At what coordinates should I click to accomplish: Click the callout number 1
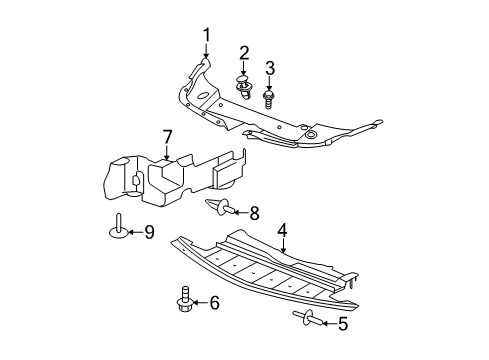click(x=207, y=37)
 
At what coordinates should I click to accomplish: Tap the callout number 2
click(x=244, y=52)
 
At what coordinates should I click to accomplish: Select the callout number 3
click(x=269, y=68)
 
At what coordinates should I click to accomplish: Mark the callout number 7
click(x=168, y=136)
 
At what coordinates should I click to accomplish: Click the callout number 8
click(x=254, y=212)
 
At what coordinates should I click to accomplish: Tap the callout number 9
click(x=149, y=233)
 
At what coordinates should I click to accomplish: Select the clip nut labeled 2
click(x=243, y=88)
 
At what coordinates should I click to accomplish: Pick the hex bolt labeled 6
click(x=185, y=301)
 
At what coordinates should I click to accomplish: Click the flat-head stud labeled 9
click(x=117, y=229)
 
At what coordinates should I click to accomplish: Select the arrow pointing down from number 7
click(x=168, y=152)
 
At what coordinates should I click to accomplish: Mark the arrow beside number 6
click(x=201, y=301)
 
